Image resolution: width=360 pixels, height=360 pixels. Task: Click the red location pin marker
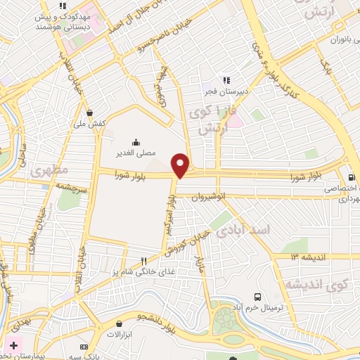pos(181,165)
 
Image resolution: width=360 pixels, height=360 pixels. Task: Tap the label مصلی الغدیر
pos(135,151)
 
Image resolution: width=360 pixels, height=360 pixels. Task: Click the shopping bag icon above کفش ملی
pos(89,112)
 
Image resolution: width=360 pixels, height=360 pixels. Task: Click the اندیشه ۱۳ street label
pos(311,257)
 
